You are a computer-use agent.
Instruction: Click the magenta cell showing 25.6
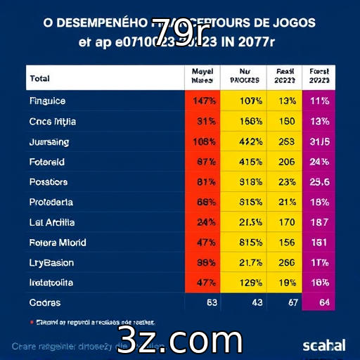pos(319,182)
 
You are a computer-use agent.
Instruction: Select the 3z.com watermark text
pos(180,340)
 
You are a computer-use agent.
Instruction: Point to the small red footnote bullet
pos(32,322)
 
